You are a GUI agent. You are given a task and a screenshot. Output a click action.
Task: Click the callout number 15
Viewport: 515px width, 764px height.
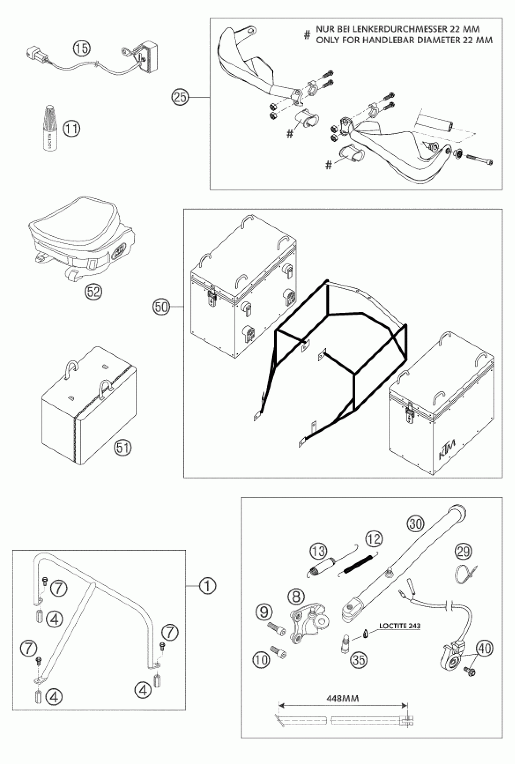(x=81, y=48)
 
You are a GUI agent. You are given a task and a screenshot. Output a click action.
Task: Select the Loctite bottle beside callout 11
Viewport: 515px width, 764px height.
(x=50, y=128)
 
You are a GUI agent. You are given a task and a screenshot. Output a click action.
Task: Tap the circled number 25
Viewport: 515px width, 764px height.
(x=180, y=97)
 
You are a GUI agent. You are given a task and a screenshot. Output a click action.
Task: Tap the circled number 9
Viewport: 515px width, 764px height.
(x=264, y=612)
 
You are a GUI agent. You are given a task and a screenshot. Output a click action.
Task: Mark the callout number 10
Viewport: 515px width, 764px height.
(x=261, y=660)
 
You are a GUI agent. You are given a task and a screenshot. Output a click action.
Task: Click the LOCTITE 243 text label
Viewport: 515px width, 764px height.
(x=400, y=626)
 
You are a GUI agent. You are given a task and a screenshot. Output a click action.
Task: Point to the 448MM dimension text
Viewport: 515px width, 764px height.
(x=343, y=698)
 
